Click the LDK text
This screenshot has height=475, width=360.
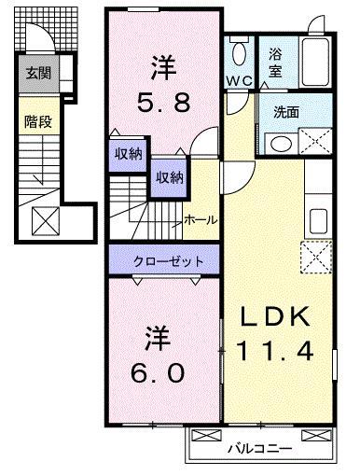click(279, 316)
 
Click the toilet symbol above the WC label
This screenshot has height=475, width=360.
click(240, 52)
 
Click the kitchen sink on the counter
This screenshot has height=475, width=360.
click(318, 222)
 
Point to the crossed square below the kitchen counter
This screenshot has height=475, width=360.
click(317, 256)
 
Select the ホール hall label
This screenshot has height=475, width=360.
click(201, 219)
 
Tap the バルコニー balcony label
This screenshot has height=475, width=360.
click(258, 448)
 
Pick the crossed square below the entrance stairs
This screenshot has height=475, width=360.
click(44, 220)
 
